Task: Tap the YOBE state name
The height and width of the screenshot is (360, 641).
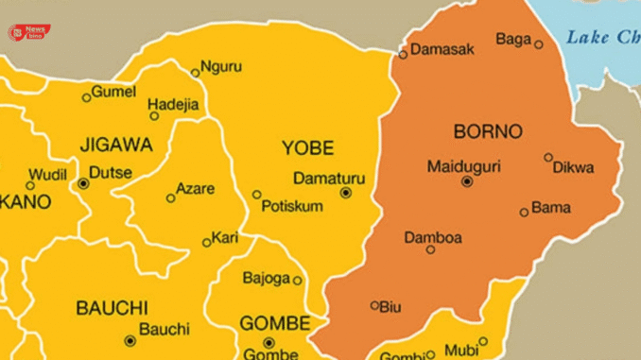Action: tap(307, 147)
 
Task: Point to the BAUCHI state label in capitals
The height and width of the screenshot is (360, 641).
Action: tap(112, 308)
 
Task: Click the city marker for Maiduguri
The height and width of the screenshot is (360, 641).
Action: tap(466, 180)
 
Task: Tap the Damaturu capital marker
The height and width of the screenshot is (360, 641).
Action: tap(345, 192)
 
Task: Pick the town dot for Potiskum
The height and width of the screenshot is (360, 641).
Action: tap(256, 195)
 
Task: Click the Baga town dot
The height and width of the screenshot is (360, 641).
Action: tap(539, 44)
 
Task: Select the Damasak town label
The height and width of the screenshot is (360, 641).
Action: tap(442, 49)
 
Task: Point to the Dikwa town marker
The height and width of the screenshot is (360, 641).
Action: tap(548, 158)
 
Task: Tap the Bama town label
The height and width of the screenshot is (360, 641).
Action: tap(551, 207)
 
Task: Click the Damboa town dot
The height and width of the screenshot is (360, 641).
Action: tap(430, 249)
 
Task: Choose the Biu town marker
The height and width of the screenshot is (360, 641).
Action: tap(374, 305)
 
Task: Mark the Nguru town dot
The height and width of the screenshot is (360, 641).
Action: tap(195, 73)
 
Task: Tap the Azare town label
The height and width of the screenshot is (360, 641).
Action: tap(197, 189)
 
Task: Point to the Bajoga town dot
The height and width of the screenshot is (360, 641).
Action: tap(297, 280)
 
